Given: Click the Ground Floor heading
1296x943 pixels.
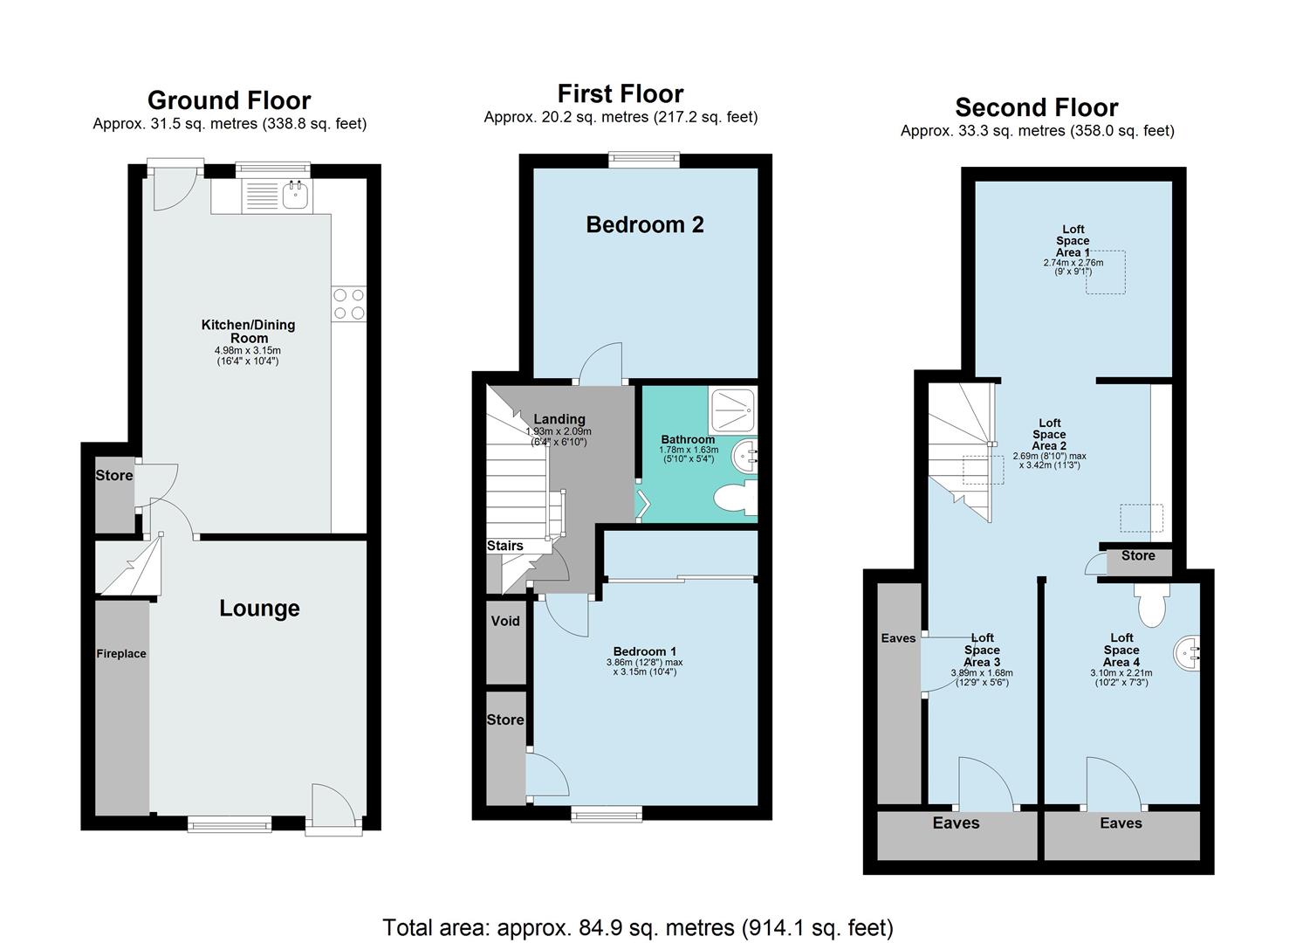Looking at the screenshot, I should (229, 100).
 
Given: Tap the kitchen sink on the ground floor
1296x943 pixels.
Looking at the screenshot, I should (296, 196).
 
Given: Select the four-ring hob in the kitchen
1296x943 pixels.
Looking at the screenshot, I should (349, 304).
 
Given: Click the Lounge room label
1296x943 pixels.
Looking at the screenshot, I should (259, 609).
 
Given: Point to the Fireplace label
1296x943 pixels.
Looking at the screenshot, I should (121, 654).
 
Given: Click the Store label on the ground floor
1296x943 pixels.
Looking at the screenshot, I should (114, 476).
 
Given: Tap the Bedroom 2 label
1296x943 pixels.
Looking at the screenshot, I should (645, 225).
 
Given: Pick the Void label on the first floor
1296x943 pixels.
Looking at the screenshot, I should (505, 622).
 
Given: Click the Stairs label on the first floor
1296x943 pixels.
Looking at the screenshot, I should (505, 546).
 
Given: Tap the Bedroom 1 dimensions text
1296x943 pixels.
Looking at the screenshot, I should (644, 667).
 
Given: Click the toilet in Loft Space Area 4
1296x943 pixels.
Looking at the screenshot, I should (1153, 605).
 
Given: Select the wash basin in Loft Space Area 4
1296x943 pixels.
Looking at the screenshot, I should (1189, 652).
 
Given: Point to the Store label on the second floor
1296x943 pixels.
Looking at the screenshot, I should (1138, 556).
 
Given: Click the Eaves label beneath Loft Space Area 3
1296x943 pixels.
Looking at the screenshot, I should (956, 823).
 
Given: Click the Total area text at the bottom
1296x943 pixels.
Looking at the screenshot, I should (638, 927).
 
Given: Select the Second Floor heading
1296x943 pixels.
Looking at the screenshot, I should (1036, 107).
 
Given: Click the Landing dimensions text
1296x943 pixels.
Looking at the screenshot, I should (559, 437).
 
